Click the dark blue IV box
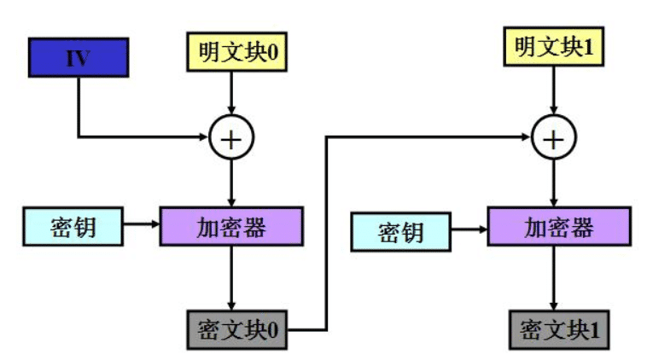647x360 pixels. tap(78, 57)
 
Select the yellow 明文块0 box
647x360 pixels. tap(232, 53)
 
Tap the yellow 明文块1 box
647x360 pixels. tap(555, 48)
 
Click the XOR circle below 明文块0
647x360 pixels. tap(232, 136)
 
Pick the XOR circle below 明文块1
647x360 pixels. tap(555, 136)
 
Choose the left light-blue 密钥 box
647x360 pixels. tap(73, 226)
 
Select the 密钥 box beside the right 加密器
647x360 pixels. tap(402, 231)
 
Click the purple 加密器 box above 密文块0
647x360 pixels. tap(231, 227)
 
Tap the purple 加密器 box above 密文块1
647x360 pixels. tap(558, 227)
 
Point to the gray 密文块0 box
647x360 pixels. tap(237, 329)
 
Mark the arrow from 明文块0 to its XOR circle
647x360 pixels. tap(232, 92)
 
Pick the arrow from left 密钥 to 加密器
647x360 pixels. tap(142, 226)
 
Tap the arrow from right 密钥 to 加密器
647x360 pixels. tap(469, 229)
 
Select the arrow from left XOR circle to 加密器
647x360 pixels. tap(232, 181)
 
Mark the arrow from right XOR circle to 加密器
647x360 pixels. tap(556, 181)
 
